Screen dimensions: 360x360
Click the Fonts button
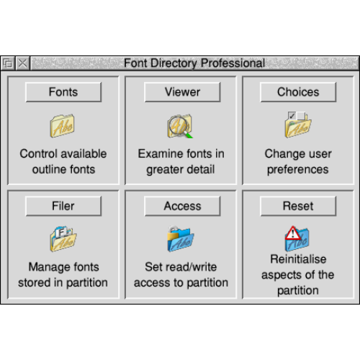63,92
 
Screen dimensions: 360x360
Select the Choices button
298,92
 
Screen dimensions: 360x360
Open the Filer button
63,206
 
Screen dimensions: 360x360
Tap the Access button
182,206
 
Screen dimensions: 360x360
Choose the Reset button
298,206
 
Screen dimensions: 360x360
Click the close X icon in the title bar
23,63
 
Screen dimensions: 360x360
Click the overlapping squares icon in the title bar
8,63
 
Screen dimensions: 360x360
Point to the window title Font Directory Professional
194,63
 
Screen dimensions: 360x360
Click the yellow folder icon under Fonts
62,126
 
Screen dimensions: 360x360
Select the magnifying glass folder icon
180,126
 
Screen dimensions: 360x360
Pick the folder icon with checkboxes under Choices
298,125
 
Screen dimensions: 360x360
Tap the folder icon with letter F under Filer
63,238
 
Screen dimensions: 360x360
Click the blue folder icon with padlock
181,238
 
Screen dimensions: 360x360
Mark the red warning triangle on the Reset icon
293,233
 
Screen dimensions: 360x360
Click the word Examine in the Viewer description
158,154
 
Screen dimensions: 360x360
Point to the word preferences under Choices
297,170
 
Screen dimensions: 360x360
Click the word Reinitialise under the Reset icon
298,259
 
